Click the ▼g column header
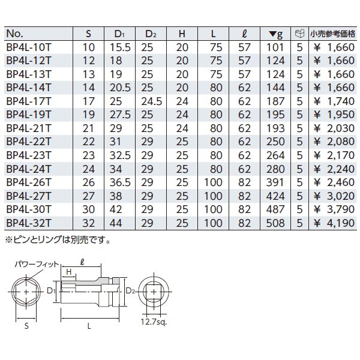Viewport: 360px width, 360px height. point(275,33)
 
